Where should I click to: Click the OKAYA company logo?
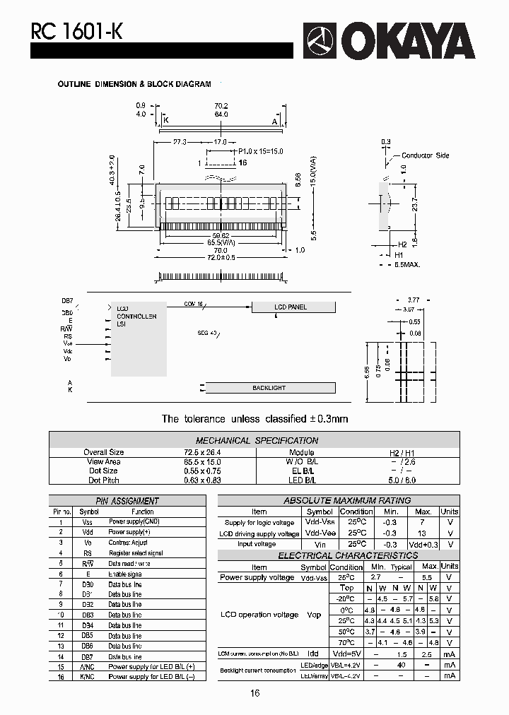coord(389,42)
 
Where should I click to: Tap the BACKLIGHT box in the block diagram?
coord(269,388)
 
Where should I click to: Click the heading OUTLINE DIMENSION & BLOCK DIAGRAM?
coord(134,84)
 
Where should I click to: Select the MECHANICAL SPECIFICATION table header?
coord(257,440)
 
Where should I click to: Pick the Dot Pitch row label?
coord(103,480)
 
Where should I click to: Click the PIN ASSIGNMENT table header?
coord(127,501)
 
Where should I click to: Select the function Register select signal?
coord(135,553)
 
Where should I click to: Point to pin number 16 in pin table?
coord(61,676)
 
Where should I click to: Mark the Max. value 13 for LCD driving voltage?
coord(422,533)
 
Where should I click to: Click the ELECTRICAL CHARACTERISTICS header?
coord(338,555)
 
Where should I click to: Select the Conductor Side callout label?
coord(425,155)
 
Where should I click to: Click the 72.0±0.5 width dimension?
coord(221,257)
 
